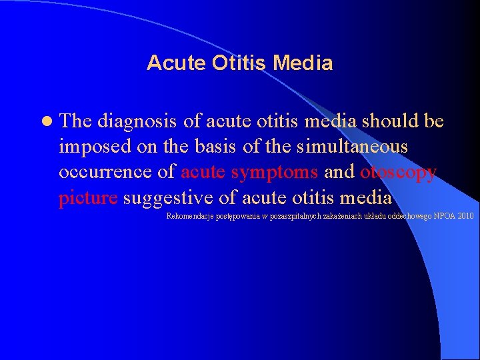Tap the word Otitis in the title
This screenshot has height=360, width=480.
click(227, 63)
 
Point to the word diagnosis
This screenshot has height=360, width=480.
click(137, 121)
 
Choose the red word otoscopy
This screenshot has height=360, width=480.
click(398, 171)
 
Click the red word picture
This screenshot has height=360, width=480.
click(88, 197)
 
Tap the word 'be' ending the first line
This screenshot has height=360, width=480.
click(434, 121)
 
